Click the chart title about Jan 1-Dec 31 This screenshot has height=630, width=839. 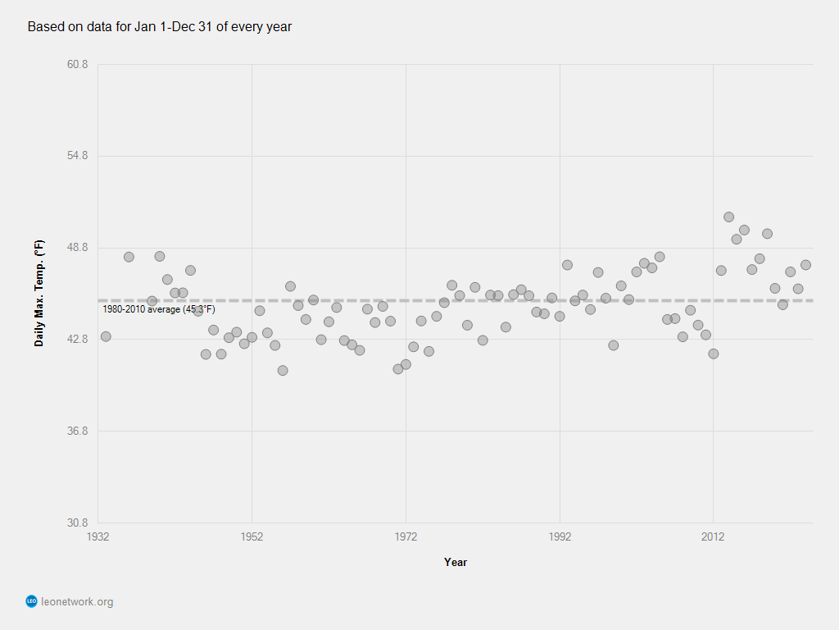(x=160, y=27)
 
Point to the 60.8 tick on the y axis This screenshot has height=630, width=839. (x=77, y=64)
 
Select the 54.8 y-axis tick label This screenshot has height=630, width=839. (x=77, y=156)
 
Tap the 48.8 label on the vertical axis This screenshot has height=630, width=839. (x=77, y=248)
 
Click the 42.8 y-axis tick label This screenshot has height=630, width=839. (x=77, y=340)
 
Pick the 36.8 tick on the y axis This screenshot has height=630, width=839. (x=77, y=431)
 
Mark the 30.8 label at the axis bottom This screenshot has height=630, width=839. (x=77, y=523)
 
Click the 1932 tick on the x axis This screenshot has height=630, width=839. (x=98, y=536)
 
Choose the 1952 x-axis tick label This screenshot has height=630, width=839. (x=252, y=536)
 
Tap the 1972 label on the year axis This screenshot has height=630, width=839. (x=406, y=536)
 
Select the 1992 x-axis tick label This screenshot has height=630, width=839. (x=560, y=536)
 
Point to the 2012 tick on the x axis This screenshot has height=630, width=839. (x=713, y=536)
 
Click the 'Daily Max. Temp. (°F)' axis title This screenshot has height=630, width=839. (x=39, y=293)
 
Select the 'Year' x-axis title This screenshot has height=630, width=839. (x=456, y=562)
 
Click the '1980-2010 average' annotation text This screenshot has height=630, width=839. (x=158, y=309)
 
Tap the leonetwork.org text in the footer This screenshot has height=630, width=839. (x=77, y=602)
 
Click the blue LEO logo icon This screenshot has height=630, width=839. (x=32, y=601)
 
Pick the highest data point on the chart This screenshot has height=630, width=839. (x=728, y=217)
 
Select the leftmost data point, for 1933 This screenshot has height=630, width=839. (x=106, y=336)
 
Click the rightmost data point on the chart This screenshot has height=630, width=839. (x=805, y=265)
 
